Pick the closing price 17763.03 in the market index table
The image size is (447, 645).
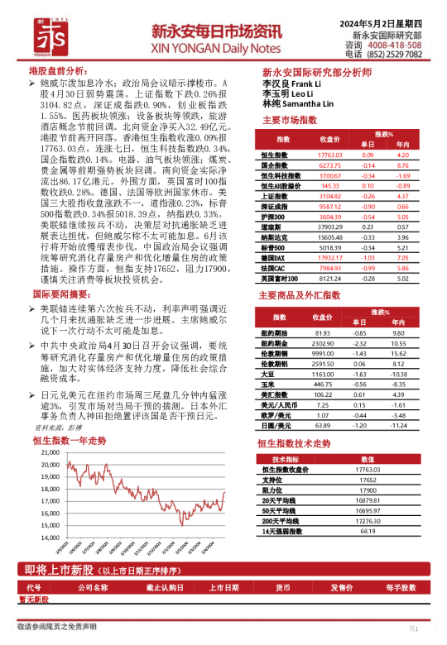click(x=329, y=155)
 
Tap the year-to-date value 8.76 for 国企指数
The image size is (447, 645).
click(x=403, y=165)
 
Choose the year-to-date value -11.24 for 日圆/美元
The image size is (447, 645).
click(x=403, y=425)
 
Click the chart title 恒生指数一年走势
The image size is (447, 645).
click(x=70, y=441)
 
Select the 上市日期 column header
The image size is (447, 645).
click(x=224, y=588)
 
